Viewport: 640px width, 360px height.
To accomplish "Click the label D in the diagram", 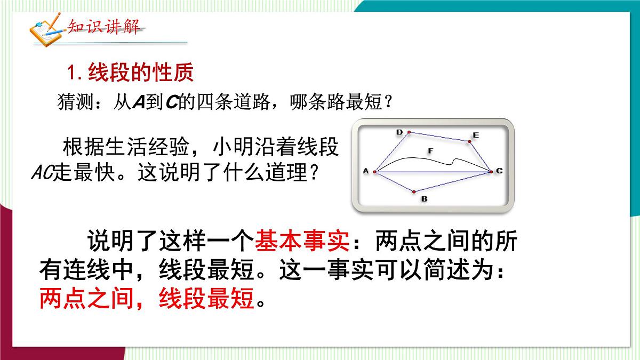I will tap(399, 132).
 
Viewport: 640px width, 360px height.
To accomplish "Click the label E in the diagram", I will tap(476, 135).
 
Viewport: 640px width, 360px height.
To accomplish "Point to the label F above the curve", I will tap(430, 152).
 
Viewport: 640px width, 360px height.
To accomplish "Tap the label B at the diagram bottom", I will tap(424, 199).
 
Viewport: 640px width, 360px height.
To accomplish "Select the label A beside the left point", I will tap(366, 171).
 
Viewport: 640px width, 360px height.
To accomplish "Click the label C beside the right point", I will tap(499, 171).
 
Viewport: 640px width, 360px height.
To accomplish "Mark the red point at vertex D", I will tap(409, 132).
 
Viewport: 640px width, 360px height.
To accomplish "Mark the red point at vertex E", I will tap(470, 141).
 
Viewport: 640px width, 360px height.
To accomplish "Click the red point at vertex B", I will tap(414, 191).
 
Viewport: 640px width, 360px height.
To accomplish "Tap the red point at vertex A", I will tap(375, 172).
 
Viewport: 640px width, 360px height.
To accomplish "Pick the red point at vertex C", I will tap(491, 171).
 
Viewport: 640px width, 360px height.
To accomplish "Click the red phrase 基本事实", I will tap(302, 243).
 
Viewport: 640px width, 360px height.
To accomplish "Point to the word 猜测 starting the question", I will tap(73, 102).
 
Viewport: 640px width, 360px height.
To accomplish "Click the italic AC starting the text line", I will tap(40, 173).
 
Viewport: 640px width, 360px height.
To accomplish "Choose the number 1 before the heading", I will tap(74, 73).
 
